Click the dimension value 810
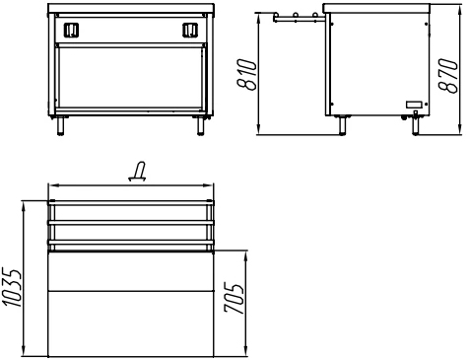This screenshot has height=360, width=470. pyautogui.click(x=246, y=75)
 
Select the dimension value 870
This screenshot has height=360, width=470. pyautogui.click(x=448, y=76)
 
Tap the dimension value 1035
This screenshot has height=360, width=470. pyautogui.click(x=12, y=288)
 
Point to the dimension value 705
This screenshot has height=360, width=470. pyautogui.click(x=234, y=298)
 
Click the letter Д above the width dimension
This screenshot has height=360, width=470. pyautogui.click(x=137, y=172)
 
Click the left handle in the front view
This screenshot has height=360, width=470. pyautogui.click(x=71, y=30)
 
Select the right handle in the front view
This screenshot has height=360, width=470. pyautogui.click(x=190, y=30)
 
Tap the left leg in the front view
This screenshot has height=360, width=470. pyautogui.click(x=60, y=125)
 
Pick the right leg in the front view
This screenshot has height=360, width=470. pyautogui.click(x=201, y=125)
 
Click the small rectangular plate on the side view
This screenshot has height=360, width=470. pyautogui.click(x=415, y=105)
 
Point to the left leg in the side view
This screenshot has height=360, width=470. pyautogui.click(x=342, y=125)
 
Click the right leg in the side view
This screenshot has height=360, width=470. pyautogui.click(x=416, y=125)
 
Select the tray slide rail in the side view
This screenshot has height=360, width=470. pyautogui.click(x=299, y=18)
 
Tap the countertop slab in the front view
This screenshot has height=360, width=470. pyautogui.click(x=131, y=8)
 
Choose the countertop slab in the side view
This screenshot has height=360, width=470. pyautogui.click(x=376, y=8)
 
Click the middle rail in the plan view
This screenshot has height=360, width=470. pyautogui.click(x=131, y=223)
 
